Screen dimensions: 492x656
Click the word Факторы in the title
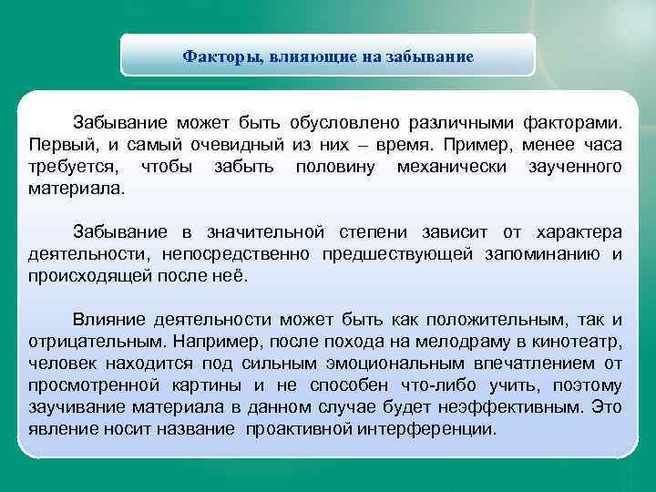click(x=219, y=57)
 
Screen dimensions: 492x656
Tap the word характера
click(x=579, y=232)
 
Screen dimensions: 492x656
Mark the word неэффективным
click(x=513, y=407)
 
